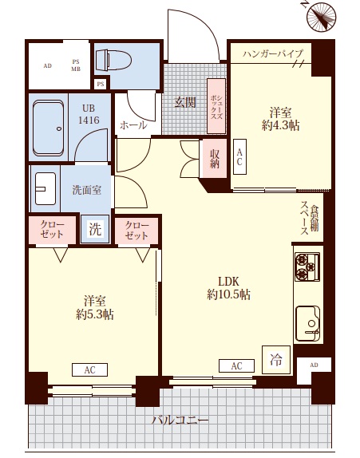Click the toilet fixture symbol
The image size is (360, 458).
coord(113,60)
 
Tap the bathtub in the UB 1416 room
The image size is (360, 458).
coord(48,128)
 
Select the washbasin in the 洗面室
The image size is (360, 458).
coord(45,188)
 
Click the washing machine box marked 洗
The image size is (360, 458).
coord(95,229)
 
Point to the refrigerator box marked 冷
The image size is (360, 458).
coord(276,360)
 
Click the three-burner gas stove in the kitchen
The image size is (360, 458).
coord(307,267)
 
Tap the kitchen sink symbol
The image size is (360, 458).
coord(307,323)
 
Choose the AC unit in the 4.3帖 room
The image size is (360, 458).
coord(239,157)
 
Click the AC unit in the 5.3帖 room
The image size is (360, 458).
coord(89,369)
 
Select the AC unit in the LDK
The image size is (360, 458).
coord(237,365)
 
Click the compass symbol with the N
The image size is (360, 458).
coord(321,16)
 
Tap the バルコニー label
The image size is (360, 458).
coord(180,420)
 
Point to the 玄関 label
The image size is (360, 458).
coord(185,102)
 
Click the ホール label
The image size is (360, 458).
coord(133,125)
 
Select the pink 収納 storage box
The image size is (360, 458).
coord(215,159)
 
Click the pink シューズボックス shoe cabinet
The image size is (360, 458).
coord(216,106)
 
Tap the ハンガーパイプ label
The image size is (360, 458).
coord(273,53)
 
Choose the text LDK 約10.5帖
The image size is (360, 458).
coord(228,288)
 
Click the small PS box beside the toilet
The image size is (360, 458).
coord(101,84)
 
